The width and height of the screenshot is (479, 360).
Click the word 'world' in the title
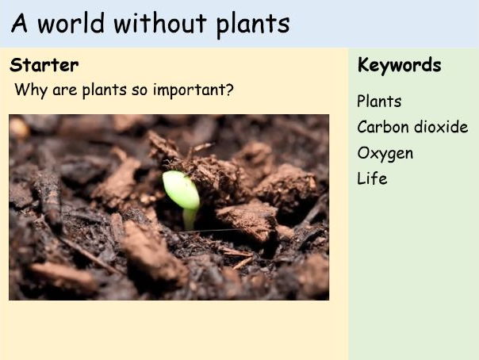tap(71, 23)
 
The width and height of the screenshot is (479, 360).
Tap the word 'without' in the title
tap(160, 23)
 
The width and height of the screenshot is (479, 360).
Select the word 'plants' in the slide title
tap(253, 25)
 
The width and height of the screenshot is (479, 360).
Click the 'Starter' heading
tap(44, 65)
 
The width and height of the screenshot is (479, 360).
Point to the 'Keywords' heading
tap(399, 66)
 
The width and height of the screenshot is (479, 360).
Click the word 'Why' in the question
tap(31, 90)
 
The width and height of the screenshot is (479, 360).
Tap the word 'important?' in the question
tap(193, 90)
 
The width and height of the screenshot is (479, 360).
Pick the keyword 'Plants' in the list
tap(379, 101)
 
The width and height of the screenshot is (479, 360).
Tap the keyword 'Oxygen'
tap(385, 154)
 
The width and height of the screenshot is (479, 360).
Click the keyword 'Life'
tap(372, 178)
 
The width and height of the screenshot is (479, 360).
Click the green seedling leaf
tap(181, 190)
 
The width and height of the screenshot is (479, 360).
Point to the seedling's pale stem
tap(190, 218)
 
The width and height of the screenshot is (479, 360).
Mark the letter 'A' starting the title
tap(19, 24)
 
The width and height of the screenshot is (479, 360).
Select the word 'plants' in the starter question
tap(104, 91)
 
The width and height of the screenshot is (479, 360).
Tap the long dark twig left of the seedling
tap(49, 198)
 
